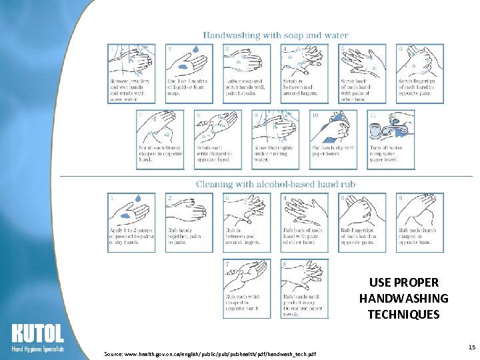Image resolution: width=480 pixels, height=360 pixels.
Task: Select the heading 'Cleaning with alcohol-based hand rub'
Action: [x=275, y=183]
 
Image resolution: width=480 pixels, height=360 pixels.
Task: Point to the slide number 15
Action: [x=471, y=347]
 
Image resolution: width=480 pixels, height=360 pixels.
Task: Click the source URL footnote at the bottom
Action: [x=210, y=353]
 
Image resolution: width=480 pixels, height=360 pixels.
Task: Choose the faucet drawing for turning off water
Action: [x=390, y=126]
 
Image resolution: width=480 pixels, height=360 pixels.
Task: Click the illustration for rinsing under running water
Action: [x=275, y=126]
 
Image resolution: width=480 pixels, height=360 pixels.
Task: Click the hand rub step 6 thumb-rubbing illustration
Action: [x=419, y=210]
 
